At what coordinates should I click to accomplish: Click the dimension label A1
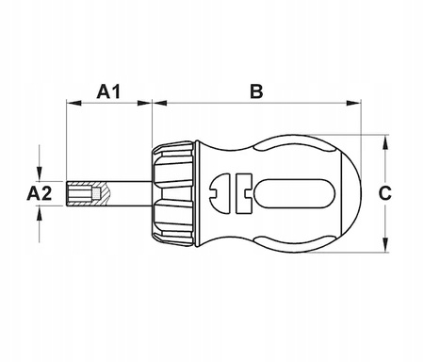[x=108, y=91]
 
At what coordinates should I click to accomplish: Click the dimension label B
[x=256, y=91]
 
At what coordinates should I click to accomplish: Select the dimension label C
[x=384, y=193]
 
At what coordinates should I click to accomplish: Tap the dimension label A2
[x=40, y=193]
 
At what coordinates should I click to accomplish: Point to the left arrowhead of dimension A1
[x=74, y=103]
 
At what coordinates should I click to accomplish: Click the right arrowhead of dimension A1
[x=144, y=103]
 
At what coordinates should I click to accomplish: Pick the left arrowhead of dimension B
[x=159, y=103]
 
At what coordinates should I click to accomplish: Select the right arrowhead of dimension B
[x=353, y=103]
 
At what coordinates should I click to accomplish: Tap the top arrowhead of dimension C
[x=385, y=142]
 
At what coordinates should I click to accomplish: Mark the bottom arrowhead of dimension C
[x=385, y=245]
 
